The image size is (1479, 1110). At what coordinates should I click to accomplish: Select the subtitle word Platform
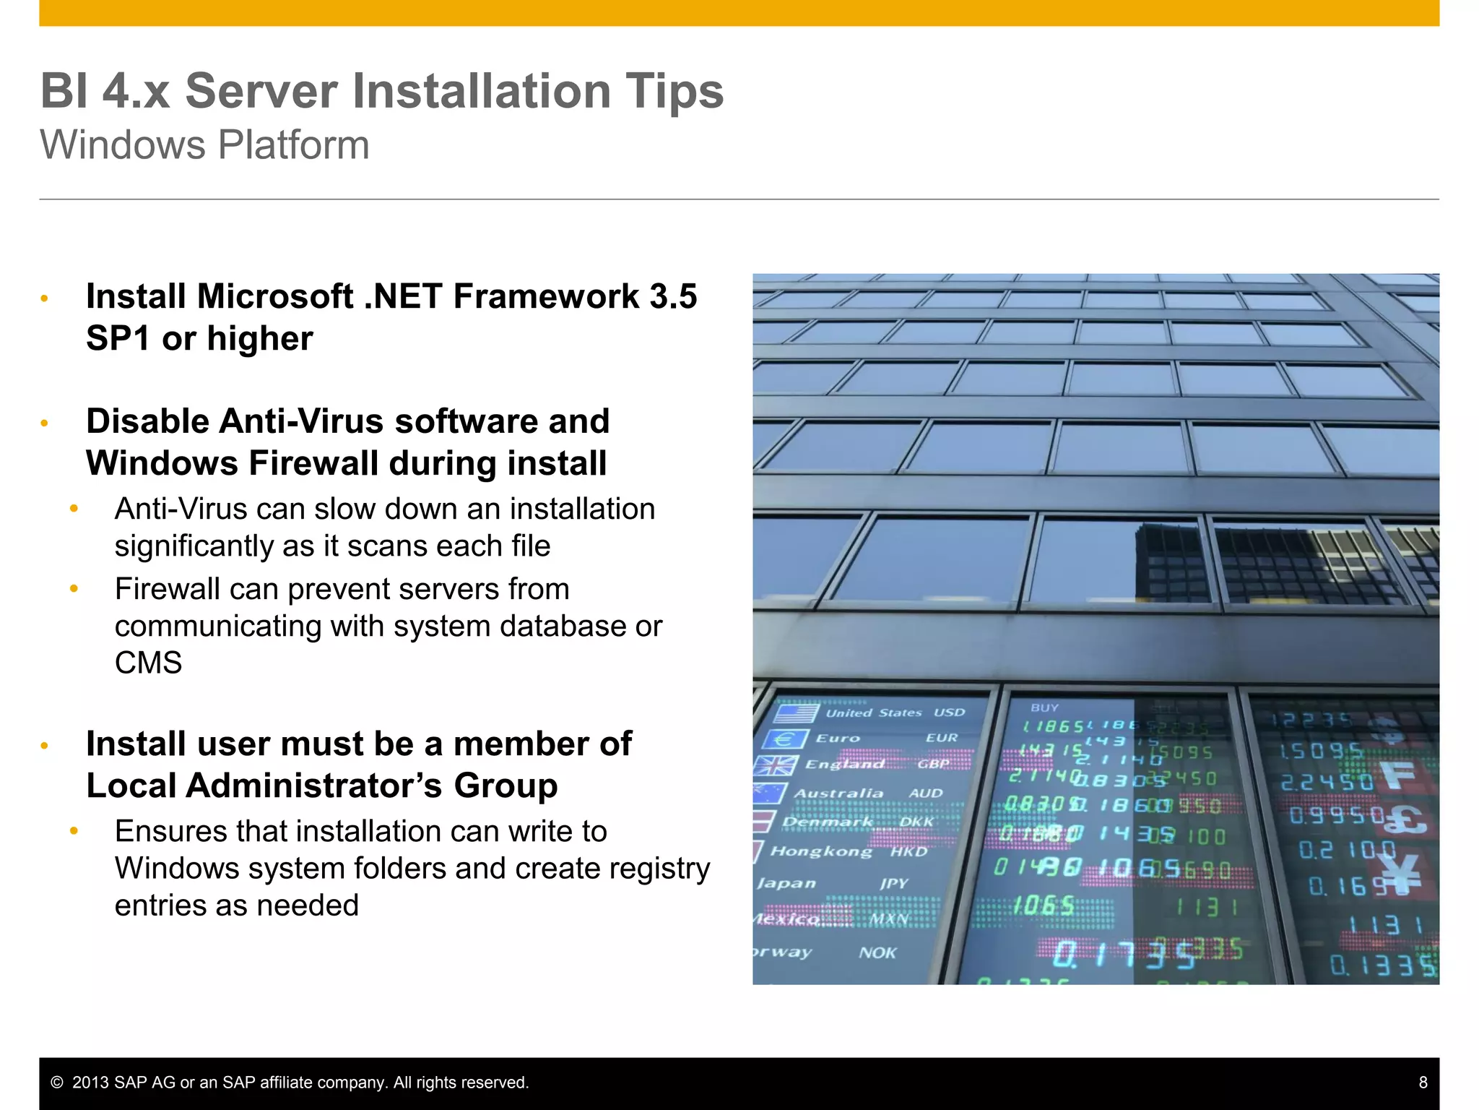click(293, 145)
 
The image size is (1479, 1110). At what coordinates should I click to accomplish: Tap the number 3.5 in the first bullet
click(672, 297)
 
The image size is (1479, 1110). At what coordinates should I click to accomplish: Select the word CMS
click(148, 663)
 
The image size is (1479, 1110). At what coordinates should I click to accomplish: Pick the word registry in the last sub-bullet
click(662, 869)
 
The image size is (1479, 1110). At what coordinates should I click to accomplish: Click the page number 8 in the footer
click(1423, 1083)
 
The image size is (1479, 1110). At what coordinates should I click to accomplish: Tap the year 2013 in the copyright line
click(90, 1083)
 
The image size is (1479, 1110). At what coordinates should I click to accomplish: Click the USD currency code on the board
click(949, 713)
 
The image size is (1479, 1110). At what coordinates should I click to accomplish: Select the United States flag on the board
click(795, 713)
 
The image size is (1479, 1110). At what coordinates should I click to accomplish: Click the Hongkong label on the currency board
click(821, 851)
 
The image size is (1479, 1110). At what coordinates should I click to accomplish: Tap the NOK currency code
click(877, 953)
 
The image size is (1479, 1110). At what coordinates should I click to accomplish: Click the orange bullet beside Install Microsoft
click(44, 298)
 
